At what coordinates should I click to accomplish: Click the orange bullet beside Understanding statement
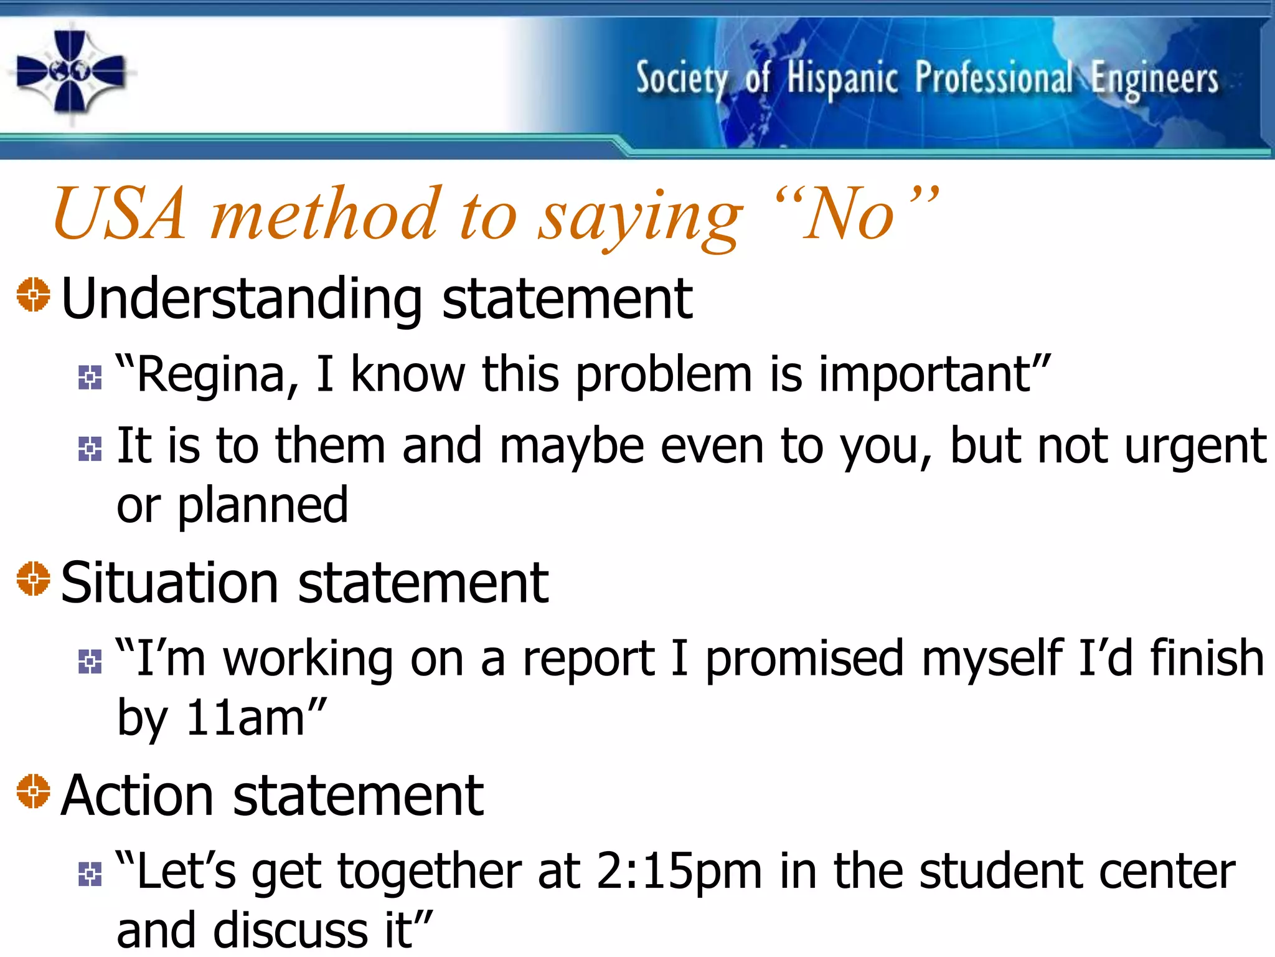(34, 295)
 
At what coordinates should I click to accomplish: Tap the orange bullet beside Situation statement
(34, 579)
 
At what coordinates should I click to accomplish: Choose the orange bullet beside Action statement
(34, 791)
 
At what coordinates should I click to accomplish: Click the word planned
(263, 506)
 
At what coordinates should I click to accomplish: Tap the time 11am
(245, 718)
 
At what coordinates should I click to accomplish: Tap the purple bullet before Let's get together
(90, 875)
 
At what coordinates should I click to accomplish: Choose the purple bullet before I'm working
(90, 662)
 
